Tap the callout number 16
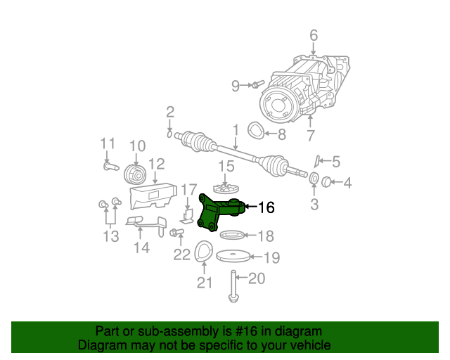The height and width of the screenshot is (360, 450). [x=266, y=207]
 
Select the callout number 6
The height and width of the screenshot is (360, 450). [x=314, y=35]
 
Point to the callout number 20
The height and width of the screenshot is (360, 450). [x=257, y=279]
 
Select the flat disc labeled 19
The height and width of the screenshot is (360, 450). [x=233, y=257]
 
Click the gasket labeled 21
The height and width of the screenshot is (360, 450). [x=203, y=254]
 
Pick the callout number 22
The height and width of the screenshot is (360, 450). [x=181, y=254]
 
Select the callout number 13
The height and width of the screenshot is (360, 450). [x=111, y=237]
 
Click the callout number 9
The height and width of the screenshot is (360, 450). [x=236, y=86]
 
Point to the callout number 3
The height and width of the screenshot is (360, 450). [x=314, y=205]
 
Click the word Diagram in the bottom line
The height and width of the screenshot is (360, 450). [x=100, y=346]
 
